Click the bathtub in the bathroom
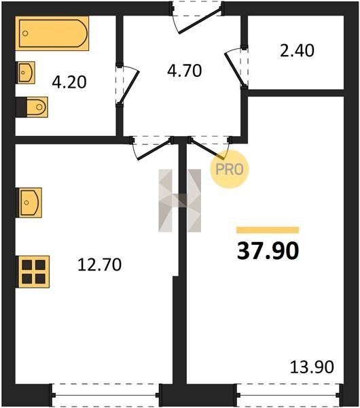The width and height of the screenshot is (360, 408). pyautogui.click(x=52, y=33)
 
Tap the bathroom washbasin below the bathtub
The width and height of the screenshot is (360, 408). pyautogui.click(x=26, y=73)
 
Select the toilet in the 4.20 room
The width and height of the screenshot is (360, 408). pyautogui.click(x=32, y=107)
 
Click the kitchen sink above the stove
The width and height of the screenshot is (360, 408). pyautogui.click(x=29, y=203)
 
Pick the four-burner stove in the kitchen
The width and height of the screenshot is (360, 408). pyautogui.click(x=33, y=272)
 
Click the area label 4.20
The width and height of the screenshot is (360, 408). pyautogui.click(x=69, y=82)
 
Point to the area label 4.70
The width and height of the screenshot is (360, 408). pyautogui.click(x=184, y=71)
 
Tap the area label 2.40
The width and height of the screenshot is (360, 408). pyautogui.click(x=297, y=51)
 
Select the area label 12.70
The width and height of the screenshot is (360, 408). pyautogui.click(x=100, y=265)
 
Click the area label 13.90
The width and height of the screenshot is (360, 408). pyautogui.click(x=312, y=367)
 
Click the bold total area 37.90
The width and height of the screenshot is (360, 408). pyautogui.click(x=268, y=251)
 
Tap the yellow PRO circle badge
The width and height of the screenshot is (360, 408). pyautogui.click(x=230, y=169)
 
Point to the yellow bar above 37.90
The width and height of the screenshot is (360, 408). pyautogui.click(x=268, y=230)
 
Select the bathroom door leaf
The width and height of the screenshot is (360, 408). pyautogui.click(x=129, y=87)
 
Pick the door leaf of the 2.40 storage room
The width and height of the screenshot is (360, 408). pyautogui.click(x=234, y=69)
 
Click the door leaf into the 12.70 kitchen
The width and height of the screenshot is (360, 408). pyautogui.click(x=154, y=150)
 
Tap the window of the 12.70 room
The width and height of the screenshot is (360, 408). pyautogui.click(x=106, y=395)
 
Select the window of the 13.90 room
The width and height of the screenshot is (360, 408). pyautogui.click(x=289, y=395)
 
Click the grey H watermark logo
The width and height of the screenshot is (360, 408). pyautogui.click(x=179, y=201)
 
